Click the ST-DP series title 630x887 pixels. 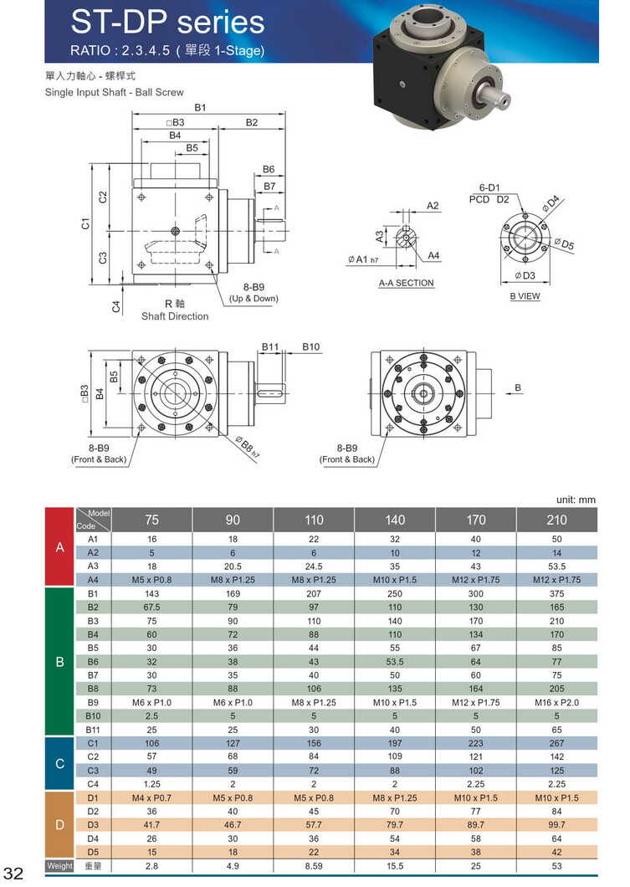[x=167, y=22]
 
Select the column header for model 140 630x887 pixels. [x=395, y=520]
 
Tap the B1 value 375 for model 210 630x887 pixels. [x=557, y=593]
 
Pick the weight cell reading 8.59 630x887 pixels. [x=314, y=866]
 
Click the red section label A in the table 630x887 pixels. [x=59, y=547]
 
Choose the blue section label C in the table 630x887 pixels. [x=59, y=763]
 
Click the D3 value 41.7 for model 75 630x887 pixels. [x=151, y=824]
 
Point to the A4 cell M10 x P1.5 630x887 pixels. [x=395, y=580]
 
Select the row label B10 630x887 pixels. [x=93, y=715]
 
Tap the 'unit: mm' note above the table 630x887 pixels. [x=576, y=500]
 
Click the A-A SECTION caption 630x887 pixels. [x=406, y=283]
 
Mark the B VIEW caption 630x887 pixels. [x=525, y=296]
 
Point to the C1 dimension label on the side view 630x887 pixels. [x=85, y=224]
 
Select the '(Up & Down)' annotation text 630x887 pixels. [x=254, y=299]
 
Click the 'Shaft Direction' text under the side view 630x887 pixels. [x=175, y=316]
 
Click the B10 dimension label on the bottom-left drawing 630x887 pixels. [x=310, y=346]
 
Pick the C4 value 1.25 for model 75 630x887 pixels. [x=151, y=784]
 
